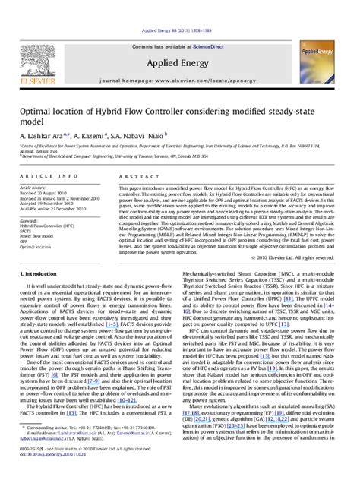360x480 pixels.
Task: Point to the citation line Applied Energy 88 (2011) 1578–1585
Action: pyautogui.click(x=178, y=11)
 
